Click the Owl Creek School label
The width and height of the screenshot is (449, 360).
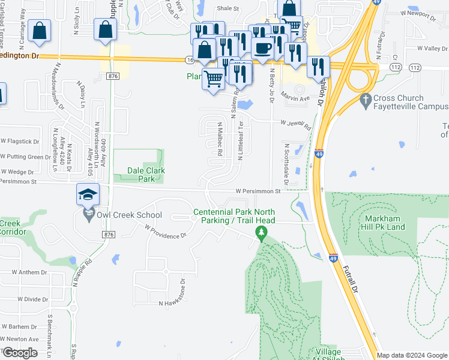(x=128, y=215)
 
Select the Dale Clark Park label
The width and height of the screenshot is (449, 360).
(x=146, y=175)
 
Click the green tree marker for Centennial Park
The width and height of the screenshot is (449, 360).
(x=261, y=232)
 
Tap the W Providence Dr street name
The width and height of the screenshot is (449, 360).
(x=166, y=232)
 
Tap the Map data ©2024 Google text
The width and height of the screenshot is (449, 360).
(x=412, y=355)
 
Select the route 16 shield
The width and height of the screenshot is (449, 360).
(x=189, y=60)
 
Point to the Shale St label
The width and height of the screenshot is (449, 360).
(x=228, y=9)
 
